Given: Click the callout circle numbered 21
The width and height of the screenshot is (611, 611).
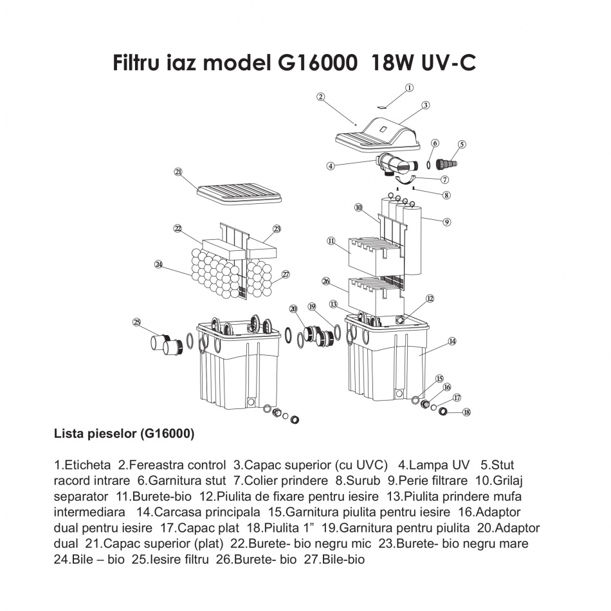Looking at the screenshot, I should click(178, 172).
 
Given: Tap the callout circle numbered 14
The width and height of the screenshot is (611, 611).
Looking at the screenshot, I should click(452, 342).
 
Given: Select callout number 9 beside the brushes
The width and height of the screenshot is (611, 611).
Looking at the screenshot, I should click(446, 222).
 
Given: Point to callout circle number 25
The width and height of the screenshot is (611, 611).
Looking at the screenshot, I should click(136, 322).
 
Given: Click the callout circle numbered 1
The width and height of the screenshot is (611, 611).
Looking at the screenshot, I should click(409, 87).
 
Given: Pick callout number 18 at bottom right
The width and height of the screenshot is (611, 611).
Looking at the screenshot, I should click(466, 412).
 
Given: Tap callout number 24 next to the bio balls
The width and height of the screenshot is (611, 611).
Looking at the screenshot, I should click(158, 264).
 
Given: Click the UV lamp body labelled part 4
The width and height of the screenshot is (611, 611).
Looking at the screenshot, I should click(392, 163).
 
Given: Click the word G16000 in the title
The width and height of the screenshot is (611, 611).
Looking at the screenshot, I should click(317, 63).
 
